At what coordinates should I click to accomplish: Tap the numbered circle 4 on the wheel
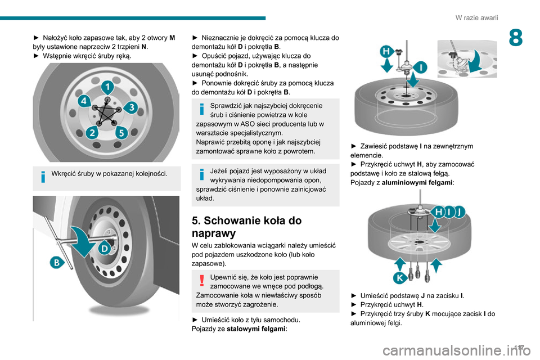point(83,102)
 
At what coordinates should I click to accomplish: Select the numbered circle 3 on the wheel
point(130,107)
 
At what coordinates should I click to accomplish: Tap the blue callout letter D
point(105,247)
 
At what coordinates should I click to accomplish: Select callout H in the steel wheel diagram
point(388,51)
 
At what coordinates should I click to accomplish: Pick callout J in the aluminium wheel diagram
point(460,211)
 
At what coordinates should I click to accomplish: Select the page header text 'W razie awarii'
point(476,17)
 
